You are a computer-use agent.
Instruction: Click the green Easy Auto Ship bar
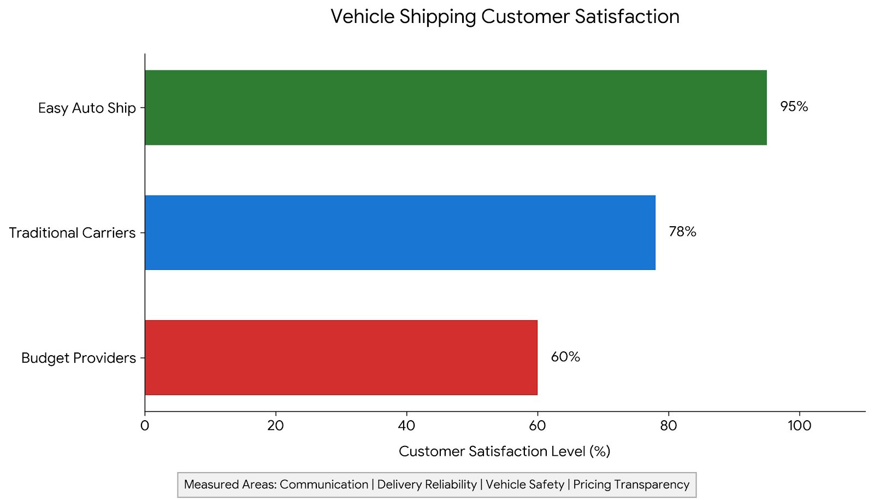(456, 108)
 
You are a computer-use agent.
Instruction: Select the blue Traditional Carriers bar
(400, 233)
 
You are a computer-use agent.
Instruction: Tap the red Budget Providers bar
(341, 357)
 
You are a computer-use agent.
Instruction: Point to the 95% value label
(794, 107)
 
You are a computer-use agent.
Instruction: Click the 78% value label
(682, 232)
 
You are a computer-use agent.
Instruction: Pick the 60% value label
(565, 357)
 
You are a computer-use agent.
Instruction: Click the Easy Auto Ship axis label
(87, 108)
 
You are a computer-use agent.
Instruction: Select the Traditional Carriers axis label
(72, 233)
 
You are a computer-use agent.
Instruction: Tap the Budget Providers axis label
(79, 358)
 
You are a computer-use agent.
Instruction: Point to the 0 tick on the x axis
(145, 426)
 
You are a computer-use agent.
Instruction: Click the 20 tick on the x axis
(275, 426)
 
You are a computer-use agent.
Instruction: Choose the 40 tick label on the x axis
(406, 426)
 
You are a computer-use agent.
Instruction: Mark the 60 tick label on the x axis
(538, 426)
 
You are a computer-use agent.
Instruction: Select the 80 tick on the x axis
(669, 426)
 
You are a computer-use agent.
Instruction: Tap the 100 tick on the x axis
(800, 426)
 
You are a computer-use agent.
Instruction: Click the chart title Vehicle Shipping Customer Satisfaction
(505, 17)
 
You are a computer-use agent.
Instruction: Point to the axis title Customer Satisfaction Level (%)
(505, 451)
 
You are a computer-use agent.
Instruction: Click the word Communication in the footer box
(324, 484)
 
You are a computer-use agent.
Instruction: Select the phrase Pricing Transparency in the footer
(631, 485)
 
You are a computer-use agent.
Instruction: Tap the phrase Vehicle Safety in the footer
(525, 485)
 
